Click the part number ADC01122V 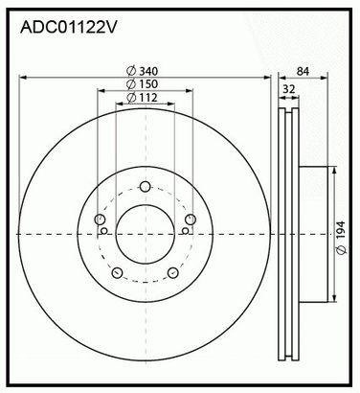tap(69, 27)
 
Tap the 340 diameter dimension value tap(148, 71)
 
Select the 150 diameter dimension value tap(148, 84)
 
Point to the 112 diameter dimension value tap(148, 98)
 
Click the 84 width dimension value tap(303, 71)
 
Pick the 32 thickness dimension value tap(289, 89)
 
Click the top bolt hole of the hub tap(146, 186)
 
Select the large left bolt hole tap(100, 220)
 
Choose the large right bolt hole tap(191, 220)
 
